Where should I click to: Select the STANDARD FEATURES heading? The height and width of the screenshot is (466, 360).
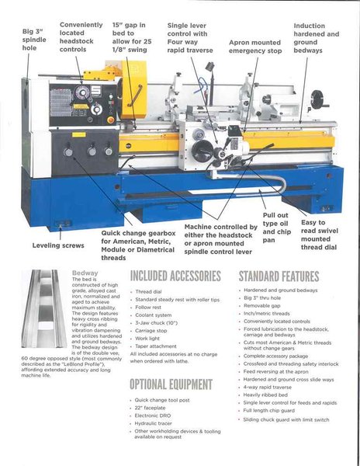pos(278,276)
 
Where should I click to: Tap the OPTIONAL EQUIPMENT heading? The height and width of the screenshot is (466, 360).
pos(170,384)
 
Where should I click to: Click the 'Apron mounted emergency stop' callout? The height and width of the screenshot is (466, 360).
pos(255,47)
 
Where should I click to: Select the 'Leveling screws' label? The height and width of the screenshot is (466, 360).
pos(57,245)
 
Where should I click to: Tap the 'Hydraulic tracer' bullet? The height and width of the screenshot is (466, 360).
pos(157,423)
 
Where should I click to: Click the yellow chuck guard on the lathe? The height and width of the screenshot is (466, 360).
pos(133,89)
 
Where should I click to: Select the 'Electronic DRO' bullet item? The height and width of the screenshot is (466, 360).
pos(157,416)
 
